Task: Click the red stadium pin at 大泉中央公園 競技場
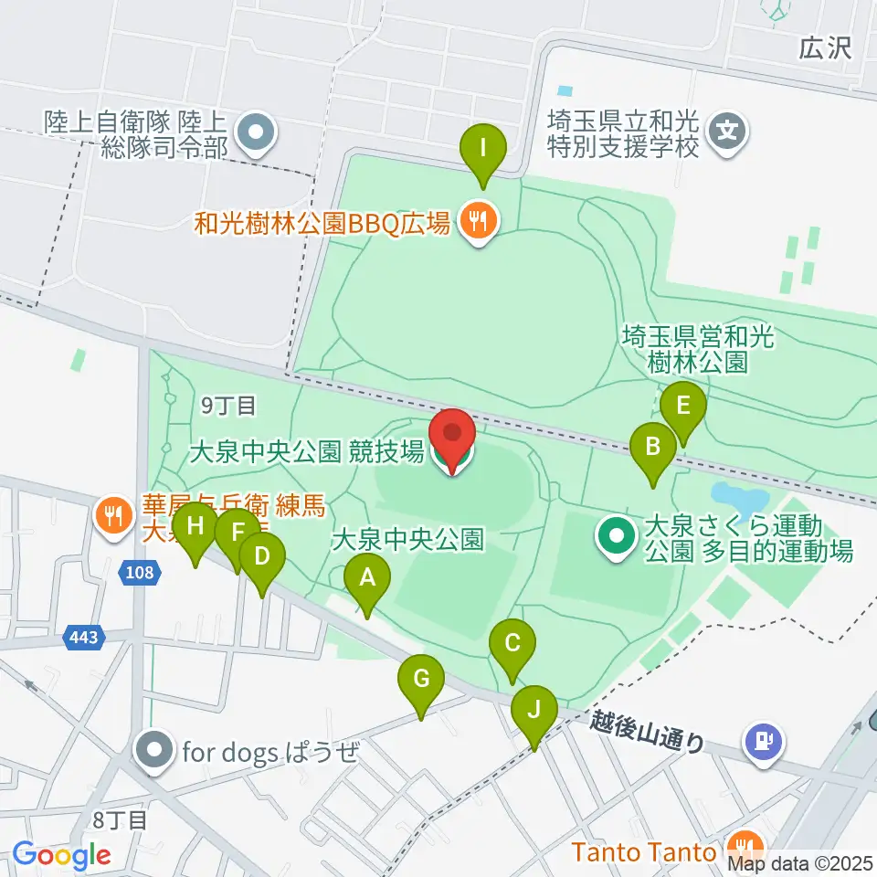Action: [454, 441]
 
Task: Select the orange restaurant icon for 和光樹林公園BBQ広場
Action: [476, 219]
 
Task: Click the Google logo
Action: [61, 855]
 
